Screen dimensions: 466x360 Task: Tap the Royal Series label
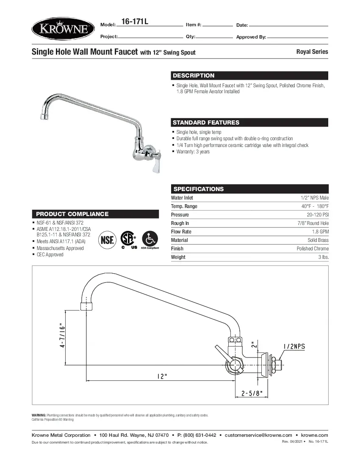[x=312, y=52]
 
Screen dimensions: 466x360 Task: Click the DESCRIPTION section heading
[x=194, y=75]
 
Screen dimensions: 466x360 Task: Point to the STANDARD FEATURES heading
[x=206, y=122]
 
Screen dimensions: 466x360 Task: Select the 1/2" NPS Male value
[x=314, y=198]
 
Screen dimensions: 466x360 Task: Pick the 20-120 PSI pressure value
[x=318, y=215]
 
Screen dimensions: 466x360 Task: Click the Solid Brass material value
[x=318, y=240]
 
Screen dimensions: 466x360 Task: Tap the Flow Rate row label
[x=181, y=232]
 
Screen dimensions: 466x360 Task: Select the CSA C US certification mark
[x=129, y=239]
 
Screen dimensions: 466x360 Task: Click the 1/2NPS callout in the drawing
[x=292, y=346]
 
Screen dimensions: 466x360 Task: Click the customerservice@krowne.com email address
[x=258, y=435]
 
